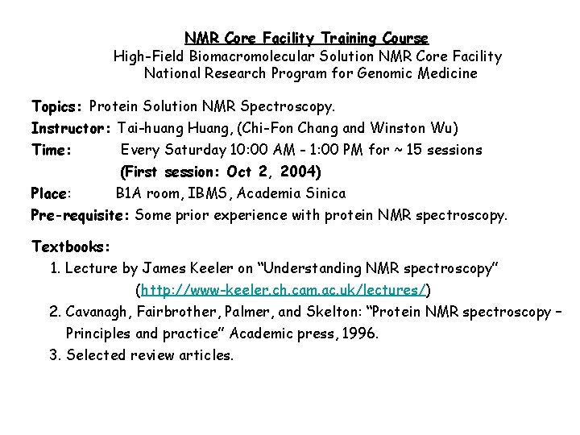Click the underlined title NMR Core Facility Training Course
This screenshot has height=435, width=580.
306,38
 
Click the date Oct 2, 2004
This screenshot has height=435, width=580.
273,172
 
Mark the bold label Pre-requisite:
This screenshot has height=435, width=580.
81,215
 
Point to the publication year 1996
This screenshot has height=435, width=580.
359,333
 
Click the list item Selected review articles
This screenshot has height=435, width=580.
149,355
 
